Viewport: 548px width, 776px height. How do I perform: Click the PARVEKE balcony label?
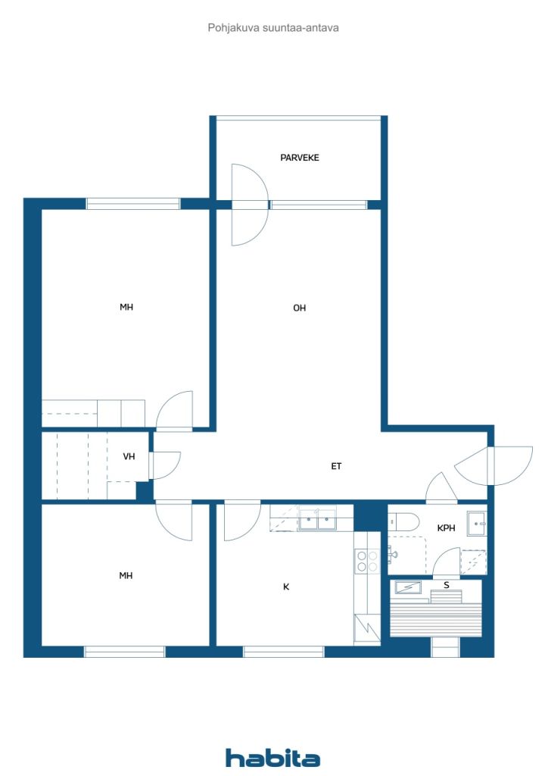(x=300, y=158)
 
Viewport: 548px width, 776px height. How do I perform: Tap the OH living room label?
(x=300, y=308)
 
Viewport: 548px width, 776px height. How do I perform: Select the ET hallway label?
(x=336, y=466)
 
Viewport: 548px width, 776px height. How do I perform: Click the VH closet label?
(x=129, y=456)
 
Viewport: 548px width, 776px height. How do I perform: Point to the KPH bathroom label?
(x=447, y=528)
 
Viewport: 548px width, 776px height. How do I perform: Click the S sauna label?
(x=447, y=586)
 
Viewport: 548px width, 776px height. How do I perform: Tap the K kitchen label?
(x=286, y=587)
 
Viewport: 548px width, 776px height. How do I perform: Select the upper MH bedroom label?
(x=126, y=308)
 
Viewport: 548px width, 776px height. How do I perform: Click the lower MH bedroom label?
(x=126, y=576)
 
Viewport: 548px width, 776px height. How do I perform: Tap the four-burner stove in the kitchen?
(x=367, y=562)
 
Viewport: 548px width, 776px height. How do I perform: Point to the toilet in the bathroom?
(x=403, y=522)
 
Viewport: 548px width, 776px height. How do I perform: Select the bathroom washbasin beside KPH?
(x=477, y=523)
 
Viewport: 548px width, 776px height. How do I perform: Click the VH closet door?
(x=164, y=465)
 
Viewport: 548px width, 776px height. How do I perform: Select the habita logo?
(x=272, y=758)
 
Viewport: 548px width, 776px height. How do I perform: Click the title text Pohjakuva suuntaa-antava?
(x=273, y=28)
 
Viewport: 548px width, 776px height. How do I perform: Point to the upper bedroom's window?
(x=133, y=203)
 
